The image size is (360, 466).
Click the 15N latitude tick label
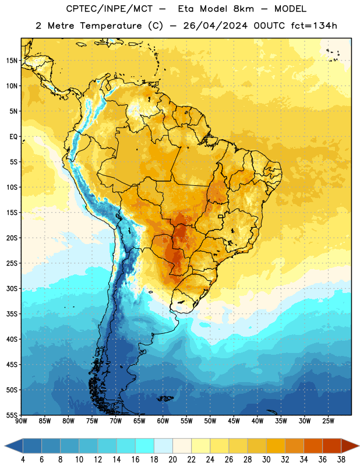(x=12, y=61)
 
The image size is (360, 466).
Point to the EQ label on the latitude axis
(x=13, y=137)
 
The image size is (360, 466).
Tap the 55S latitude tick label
(x=12, y=415)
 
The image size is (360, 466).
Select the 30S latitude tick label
(x=12, y=288)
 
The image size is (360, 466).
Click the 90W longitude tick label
(x=21, y=421)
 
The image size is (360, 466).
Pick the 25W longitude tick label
(x=328, y=421)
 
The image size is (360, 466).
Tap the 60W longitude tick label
(x=163, y=421)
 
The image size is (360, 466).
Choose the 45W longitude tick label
(x=234, y=421)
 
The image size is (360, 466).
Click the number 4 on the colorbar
(x=23, y=460)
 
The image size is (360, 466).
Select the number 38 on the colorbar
(x=341, y=460)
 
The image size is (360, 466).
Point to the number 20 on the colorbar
(x=172, y=460)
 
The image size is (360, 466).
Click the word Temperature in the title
(x=111, y=26)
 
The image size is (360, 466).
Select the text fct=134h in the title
(x=314, y=26)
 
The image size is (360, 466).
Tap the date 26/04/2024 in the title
(x=215, y=26)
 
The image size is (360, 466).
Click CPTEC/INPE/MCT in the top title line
(x=110, y=9)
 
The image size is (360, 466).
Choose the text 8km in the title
(x=243, y=9)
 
